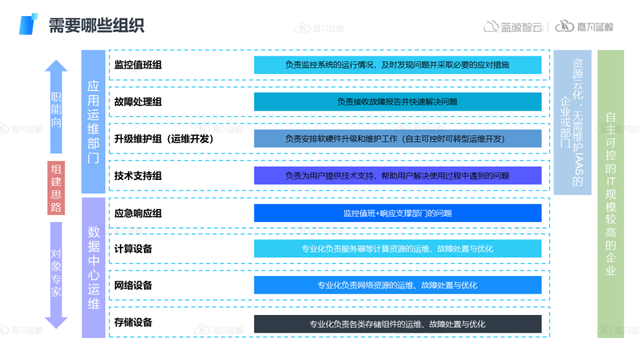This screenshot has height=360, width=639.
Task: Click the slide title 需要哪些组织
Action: click(96, 25)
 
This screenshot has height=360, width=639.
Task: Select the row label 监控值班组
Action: click(138, 65)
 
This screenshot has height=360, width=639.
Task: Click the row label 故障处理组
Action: click(138, 102)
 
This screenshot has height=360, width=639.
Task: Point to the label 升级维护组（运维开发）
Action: click(164, 139)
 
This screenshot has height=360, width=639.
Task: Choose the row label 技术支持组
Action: click(138, 176)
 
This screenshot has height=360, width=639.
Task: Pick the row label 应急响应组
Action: click(138, 213)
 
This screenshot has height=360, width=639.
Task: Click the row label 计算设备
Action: click(133, 249)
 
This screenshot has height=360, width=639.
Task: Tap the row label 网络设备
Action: click(133, 285)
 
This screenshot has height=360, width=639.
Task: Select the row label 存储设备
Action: click(133, 322)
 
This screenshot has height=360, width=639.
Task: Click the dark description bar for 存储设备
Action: click(398, 324)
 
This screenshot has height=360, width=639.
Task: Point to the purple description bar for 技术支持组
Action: click(398, 176)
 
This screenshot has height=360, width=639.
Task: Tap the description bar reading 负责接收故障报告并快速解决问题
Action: click(398, 102)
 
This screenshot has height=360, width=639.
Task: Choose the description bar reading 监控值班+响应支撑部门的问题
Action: click(398, 213)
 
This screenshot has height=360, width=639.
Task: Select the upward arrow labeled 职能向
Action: click(56, 107)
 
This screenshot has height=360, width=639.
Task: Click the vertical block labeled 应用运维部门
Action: click(93, 121)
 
